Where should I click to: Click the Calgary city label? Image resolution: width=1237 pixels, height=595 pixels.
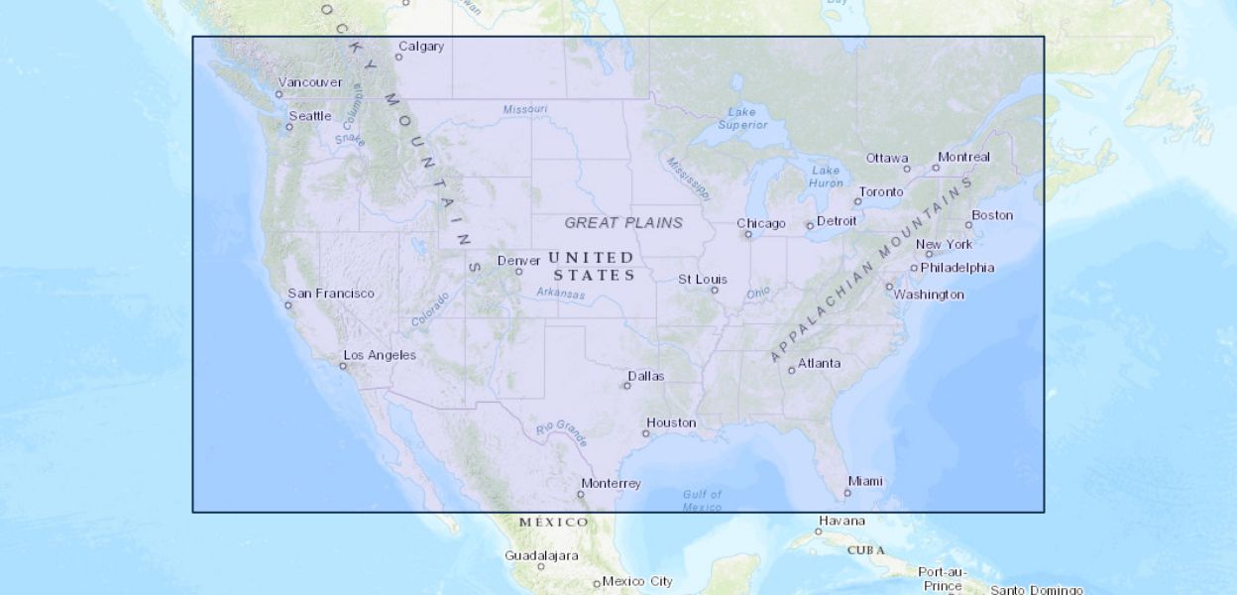(421, 47)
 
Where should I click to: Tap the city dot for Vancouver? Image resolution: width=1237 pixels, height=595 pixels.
(279, 94)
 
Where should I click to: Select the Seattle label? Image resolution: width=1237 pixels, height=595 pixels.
(310, 116)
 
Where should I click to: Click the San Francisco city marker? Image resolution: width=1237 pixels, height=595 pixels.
(288, 305)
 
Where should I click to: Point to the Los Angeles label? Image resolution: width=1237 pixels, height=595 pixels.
(380, 355)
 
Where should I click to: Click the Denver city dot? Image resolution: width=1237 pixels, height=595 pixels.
(518, 272)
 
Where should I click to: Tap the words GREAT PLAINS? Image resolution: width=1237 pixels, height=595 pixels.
(623, 222)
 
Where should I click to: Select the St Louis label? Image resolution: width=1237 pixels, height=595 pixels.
(703, 280)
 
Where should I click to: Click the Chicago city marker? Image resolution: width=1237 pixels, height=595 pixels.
(748, 234)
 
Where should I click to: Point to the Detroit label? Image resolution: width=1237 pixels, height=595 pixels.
(837, 220)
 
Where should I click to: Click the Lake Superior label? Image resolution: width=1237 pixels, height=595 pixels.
(742, 118)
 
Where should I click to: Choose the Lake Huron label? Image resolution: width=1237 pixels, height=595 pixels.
(826, 177)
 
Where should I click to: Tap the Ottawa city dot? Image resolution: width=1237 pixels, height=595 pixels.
(907, 170)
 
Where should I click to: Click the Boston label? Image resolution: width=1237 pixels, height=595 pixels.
(992, 215)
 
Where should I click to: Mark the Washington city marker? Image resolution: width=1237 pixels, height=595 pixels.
(889, 287)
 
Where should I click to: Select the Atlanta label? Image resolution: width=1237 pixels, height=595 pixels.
(820, 363)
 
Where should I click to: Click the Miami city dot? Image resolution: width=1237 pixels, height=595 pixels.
(847, 493)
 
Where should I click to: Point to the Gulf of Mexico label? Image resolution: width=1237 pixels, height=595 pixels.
(703, 501)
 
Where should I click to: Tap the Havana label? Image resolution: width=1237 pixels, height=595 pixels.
(842, 521)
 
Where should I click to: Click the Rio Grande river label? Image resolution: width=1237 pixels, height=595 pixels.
(562, 432)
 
